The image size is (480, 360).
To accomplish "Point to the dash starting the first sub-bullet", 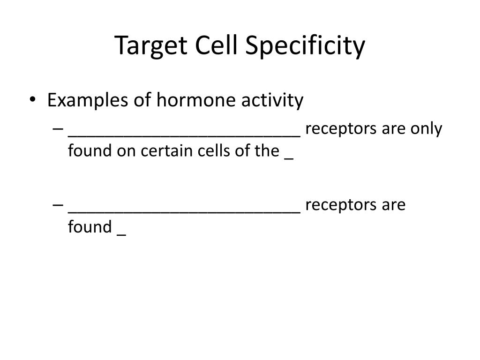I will (x=58, y=130).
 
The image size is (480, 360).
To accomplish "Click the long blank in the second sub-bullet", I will (x=184, y=211).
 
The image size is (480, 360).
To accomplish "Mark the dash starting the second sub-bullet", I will (x=58, y=206).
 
